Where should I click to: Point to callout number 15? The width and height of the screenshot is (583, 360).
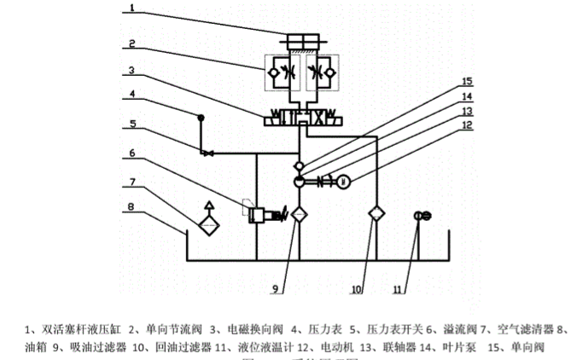coord(466,82)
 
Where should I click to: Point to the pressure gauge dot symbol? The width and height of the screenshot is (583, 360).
coord(200,117)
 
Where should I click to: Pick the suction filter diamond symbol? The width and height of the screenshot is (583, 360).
coord(297,214)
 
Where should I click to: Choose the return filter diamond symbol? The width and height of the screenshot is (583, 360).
coord(374,213)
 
